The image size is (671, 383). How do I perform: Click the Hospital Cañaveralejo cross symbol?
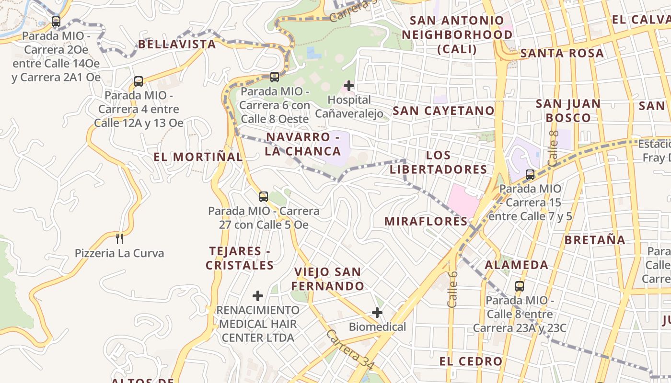(x=349, y=86)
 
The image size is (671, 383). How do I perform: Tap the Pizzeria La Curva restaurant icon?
(x=119, y=238)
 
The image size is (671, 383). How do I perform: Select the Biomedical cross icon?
(x=377, y=313)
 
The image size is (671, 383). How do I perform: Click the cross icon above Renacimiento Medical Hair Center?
(x=258, y=295)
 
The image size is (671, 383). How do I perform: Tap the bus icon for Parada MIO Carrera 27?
(x=263, y=196)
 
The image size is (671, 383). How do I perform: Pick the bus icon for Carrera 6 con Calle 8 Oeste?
(x=275, y=77)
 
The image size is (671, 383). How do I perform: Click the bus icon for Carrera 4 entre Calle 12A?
(x=139, y=81)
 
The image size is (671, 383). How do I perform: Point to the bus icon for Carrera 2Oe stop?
(x=56, y=22)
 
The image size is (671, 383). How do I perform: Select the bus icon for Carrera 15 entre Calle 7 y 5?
(x=530, y=175)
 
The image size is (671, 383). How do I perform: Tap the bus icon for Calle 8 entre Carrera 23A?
(x=520, y=286)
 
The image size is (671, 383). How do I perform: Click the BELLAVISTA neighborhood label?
(x=177, y=45)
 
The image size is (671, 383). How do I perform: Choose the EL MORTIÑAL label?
(x=198, y=157)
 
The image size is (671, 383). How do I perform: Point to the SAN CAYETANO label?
(x=443, y=111)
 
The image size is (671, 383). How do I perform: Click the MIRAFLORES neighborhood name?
(x=426, y=221)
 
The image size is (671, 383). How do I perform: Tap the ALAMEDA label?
(x=517, y=265)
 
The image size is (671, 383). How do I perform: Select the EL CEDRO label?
(x=471, y=361)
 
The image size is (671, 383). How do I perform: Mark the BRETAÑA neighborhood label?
(x=595, y=240)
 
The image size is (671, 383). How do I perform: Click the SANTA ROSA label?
(x=562, y=53)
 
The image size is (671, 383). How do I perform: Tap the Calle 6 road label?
(x=453, y=289)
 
